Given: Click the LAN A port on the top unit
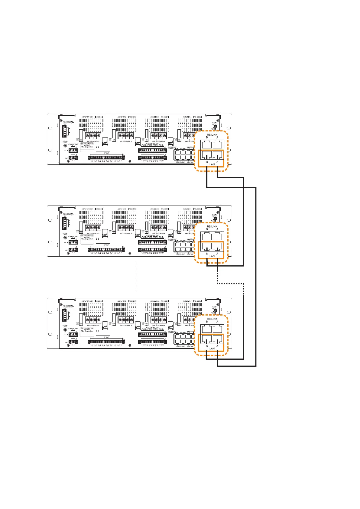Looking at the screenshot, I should (217, 155).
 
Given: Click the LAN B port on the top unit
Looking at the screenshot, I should (207, 155).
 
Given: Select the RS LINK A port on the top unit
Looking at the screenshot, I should (217, 144).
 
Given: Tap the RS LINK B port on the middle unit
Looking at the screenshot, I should (207, 236).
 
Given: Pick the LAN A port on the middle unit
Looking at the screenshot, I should (217, 247).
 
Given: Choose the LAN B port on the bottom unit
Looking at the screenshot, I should (207, 339).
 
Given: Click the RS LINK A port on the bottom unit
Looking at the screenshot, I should (217, 329).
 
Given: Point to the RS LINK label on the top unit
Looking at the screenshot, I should (212, 135).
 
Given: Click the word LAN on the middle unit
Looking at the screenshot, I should (212, 256).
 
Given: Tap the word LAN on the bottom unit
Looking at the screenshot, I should (212, 349).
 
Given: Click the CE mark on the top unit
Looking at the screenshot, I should (98, 148).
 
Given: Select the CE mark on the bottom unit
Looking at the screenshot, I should (98, 332).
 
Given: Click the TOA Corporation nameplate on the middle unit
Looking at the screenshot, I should (87, 238).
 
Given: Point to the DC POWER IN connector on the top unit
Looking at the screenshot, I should (64, 131).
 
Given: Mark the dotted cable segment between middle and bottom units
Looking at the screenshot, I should (230, 284).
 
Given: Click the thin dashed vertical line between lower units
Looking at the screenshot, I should (136, 277).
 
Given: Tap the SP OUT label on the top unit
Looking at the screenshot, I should (106, 153).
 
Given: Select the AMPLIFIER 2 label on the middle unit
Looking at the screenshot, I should (154, 209).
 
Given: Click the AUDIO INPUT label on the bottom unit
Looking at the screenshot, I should (214, 308).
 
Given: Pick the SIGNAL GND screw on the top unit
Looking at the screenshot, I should (65, 146).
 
